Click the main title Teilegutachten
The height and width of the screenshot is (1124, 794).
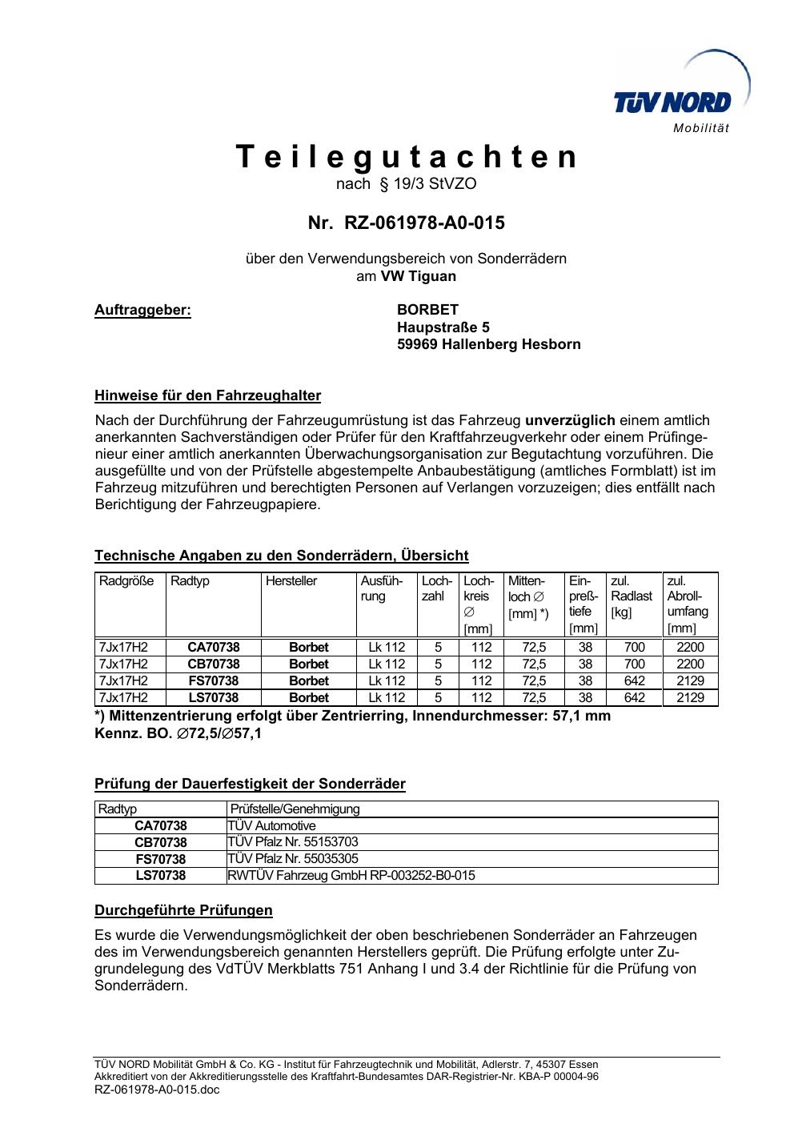(407, 157)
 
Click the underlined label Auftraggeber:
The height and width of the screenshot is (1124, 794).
(143, 310)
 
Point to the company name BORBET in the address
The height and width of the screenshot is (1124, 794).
(428, 310)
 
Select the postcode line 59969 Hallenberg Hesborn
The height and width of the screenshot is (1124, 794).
(489, 345)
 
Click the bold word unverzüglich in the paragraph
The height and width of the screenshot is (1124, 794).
(570, 420)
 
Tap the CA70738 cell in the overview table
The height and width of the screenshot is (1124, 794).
(213, 647)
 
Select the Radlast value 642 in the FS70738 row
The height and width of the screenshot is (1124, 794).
(634, 680)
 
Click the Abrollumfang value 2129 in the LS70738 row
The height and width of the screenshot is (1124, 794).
(690, 698)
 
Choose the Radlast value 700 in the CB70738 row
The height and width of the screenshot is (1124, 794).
(634, 664)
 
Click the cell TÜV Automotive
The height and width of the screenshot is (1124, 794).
(272, 825)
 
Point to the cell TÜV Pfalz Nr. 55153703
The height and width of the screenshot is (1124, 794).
(293, 842)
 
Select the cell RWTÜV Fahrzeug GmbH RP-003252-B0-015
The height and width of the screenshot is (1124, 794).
(351, 876)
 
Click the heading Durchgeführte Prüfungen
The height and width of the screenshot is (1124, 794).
(183, 910)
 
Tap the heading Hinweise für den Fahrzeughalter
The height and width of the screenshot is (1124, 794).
(207, 395)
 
